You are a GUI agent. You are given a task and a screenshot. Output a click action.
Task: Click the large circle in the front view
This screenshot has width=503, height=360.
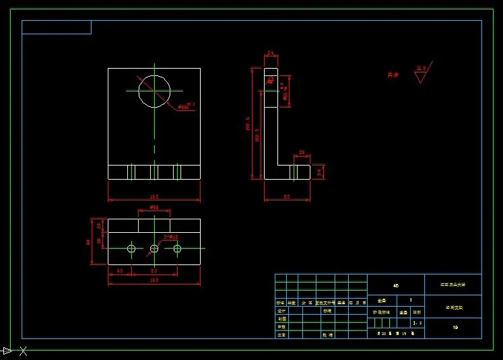tap(154, 91)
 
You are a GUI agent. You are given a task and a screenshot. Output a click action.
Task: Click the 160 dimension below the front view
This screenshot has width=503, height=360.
tap(154, 196)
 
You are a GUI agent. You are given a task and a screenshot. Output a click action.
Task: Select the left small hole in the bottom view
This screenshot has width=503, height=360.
tap(131, 249)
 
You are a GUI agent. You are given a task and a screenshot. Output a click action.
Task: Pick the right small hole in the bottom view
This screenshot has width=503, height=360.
tap(177, 249)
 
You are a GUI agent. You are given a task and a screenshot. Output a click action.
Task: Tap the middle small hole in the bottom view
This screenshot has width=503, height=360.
tap(154, 249)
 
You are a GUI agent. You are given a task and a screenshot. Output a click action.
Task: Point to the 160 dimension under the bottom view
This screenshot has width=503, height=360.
tap(154, 280)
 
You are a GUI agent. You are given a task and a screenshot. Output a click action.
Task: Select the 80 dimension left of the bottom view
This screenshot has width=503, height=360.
tap(88, 242)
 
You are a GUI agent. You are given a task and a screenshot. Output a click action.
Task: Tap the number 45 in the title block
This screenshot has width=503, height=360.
tap(396, 285)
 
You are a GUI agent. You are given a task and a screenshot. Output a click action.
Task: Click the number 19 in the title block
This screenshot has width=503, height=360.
tap(455, 328)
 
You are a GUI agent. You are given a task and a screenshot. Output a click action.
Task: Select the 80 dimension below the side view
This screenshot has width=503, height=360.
tap(286, 196)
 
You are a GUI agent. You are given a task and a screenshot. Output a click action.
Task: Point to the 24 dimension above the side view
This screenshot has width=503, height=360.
tap(270, 52)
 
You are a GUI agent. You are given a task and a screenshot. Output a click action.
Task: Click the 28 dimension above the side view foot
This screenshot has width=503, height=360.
tap(302, 153)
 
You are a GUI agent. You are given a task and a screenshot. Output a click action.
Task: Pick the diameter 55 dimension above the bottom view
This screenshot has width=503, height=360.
tap(154, 208)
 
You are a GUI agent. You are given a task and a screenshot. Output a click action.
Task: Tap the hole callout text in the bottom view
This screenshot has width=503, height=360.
tap(170, 237)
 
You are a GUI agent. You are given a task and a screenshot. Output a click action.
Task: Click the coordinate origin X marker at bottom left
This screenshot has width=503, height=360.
tap(23, 351)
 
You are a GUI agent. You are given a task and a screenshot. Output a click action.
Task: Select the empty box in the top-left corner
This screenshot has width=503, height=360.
tap(57, 27)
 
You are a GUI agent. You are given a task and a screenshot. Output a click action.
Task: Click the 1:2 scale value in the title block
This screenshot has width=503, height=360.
tap(417, 323)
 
